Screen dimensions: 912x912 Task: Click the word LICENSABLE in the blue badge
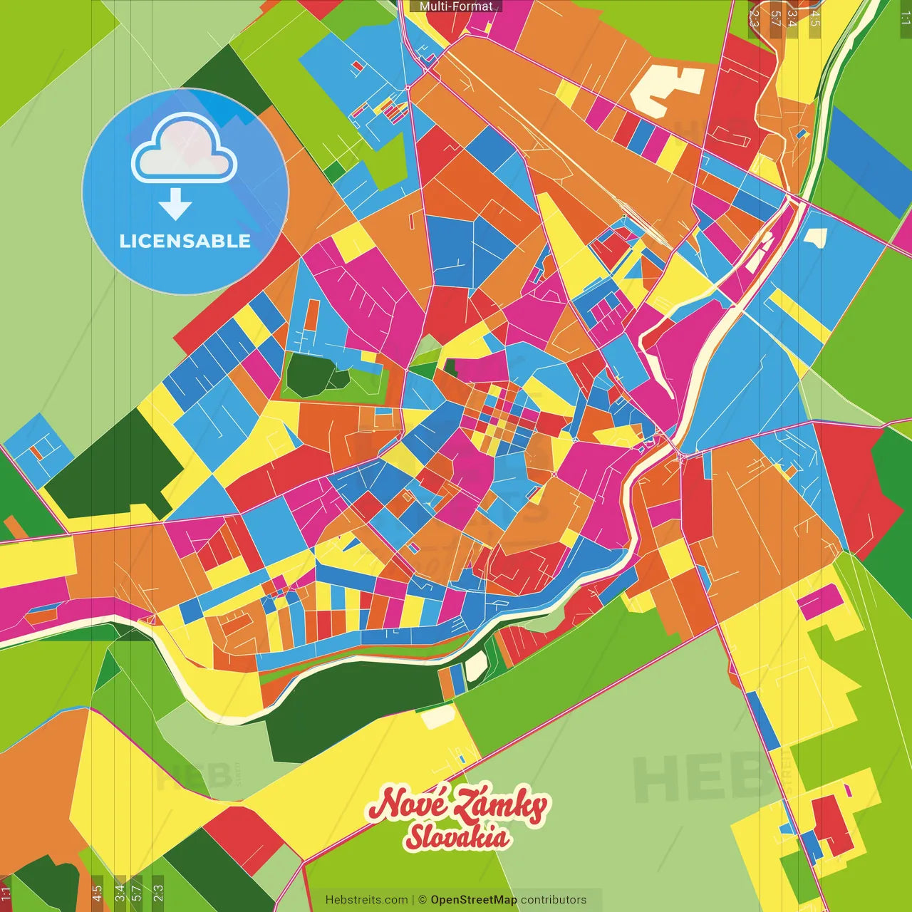pyautogui.click(x=185, y=241)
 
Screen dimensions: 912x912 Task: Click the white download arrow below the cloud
pyautogui.click(x=175, y=204)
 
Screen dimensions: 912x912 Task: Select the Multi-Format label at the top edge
pyautogui.click(x=456, y=6)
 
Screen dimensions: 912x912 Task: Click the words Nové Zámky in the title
pyautogui.click(x=457, y=805)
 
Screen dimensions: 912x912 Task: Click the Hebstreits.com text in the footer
pyautogui.click(x=366, y=900)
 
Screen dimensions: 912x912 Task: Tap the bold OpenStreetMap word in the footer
pyautogui.click(x=473, y=900)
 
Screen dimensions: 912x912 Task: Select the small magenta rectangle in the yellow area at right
pyautogui.click(x=820, y=602)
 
